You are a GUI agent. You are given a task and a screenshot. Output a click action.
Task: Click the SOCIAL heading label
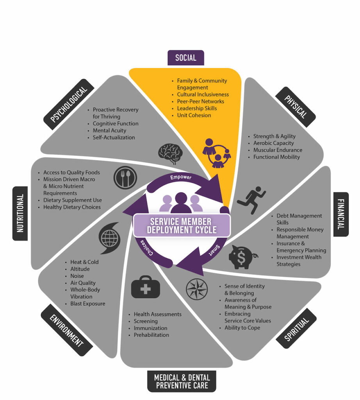185,58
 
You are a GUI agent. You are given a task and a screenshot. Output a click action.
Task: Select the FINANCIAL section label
341,214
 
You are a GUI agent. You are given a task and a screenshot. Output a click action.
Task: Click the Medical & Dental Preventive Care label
182,381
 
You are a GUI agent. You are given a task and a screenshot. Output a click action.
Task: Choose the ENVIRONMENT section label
66,330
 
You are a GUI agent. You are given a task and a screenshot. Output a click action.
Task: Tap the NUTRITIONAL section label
20,213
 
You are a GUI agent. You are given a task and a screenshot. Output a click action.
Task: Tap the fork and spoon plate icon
125,178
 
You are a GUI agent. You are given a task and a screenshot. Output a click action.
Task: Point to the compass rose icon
197,289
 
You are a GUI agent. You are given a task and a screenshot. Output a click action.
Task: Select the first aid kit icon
145,288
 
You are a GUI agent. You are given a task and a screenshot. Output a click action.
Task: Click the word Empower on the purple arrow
181,177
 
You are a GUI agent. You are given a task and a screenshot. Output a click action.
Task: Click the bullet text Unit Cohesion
194,115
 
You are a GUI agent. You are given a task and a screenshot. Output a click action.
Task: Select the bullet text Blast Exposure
87,304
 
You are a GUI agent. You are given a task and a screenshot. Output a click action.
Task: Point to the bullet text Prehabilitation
151,335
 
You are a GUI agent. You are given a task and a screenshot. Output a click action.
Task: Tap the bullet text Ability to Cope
242,328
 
